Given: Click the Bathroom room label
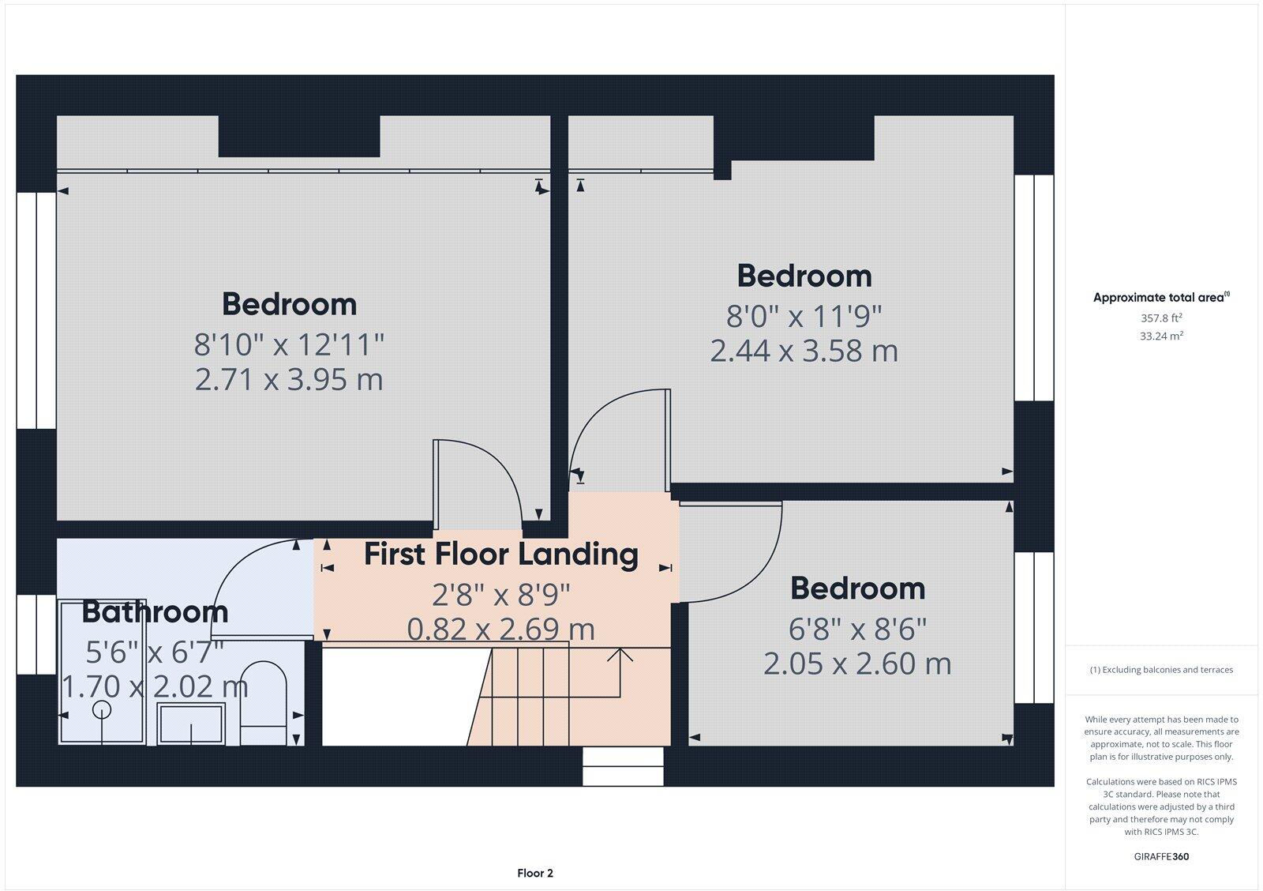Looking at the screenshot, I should (x=155, y=612).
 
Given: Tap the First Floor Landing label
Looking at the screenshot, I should (x=500, y=555).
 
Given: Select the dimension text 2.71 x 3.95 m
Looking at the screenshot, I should (x=289, y=380).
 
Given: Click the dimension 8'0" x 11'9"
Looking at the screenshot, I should (x=804, y=317).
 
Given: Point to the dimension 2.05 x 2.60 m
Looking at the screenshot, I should (x=857, y=664).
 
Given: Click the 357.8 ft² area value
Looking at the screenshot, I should (x=1160, y=318).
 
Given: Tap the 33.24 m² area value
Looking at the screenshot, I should (x=1160, y=336).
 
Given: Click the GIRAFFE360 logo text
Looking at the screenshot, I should (x=1160, y=856).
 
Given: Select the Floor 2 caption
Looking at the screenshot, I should (x=535, y=873).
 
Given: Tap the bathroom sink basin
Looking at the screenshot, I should (x=190, y=723).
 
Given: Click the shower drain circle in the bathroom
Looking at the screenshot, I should (x=102, y=709).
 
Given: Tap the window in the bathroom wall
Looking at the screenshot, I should (x=36, y=634).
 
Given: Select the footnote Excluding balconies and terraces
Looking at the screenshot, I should (x=1160, y=670).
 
